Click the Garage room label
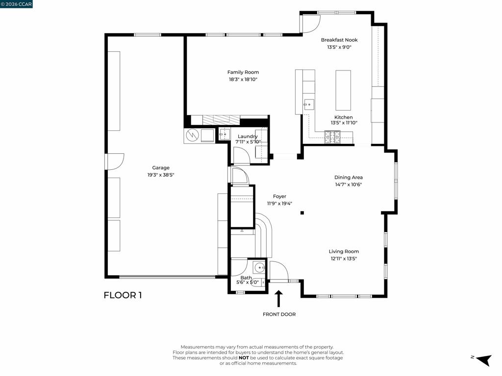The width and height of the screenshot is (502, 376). (161, 167)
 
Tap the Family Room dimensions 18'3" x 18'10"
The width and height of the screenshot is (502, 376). (243, 79)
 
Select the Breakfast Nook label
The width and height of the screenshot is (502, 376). (339, 40)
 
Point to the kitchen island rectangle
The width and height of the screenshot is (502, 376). (343, 90)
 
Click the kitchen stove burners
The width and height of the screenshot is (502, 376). (333, 137)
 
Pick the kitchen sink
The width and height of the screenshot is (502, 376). (309, 105)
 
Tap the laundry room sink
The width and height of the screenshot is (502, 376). (225, 134)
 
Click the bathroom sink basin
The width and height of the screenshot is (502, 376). (259, 267)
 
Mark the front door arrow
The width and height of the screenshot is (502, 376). (278, 299)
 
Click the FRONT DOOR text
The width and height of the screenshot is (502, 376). (279, 314)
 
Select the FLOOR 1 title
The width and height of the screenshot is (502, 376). (123, 295)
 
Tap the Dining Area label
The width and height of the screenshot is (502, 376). (349, 177)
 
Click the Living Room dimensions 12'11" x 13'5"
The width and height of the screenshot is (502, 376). (344, 258)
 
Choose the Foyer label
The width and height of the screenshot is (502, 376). (279, 196)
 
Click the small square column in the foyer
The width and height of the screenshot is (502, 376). (302, 212)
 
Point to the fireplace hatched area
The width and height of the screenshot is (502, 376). (221, 120)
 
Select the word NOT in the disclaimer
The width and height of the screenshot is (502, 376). (244, 358)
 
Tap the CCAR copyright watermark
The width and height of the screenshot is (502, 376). (16, 4)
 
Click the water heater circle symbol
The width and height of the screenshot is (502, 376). (192, 136)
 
